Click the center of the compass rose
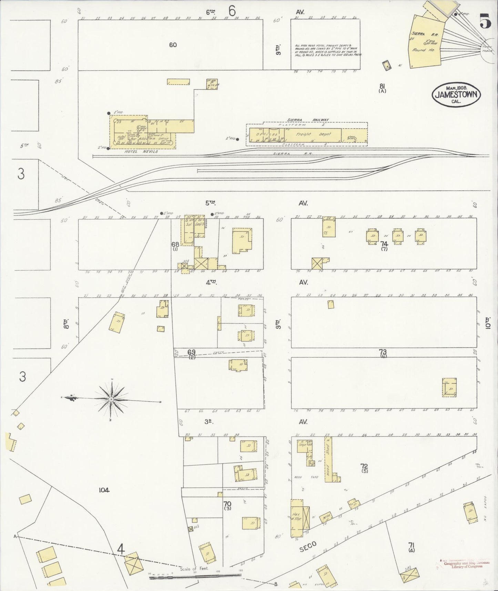[x=111, y=399]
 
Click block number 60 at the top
[x=173, y=45]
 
